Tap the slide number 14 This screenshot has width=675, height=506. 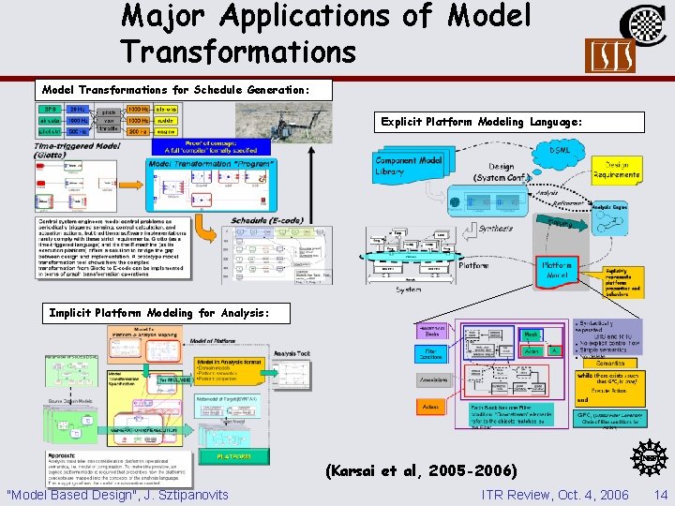(x=661, y=495)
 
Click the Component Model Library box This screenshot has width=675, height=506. (x=409, y=167)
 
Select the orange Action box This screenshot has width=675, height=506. (x=430, y=406)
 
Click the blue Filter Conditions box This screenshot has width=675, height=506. (x=430, y=354)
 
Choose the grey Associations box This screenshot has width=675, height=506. (x=430, y=380)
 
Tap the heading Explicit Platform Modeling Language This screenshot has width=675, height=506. (x=483, y=122)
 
